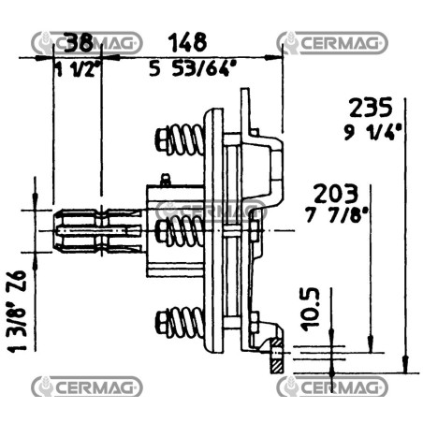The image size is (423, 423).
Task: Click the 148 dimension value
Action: (187, 42)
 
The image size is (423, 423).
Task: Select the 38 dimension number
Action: (80, 42)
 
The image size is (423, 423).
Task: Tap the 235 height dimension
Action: (371, 108)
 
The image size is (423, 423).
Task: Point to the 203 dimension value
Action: (335, 194)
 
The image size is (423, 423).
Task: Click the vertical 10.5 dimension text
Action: (311, 309)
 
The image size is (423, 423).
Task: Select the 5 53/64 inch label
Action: (193, 68)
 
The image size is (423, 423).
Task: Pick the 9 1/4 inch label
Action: (372, 132)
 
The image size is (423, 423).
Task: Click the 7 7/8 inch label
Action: (336, 214)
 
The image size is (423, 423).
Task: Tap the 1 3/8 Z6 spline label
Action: (17, 312)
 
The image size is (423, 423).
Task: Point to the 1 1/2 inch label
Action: (78, 70)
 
